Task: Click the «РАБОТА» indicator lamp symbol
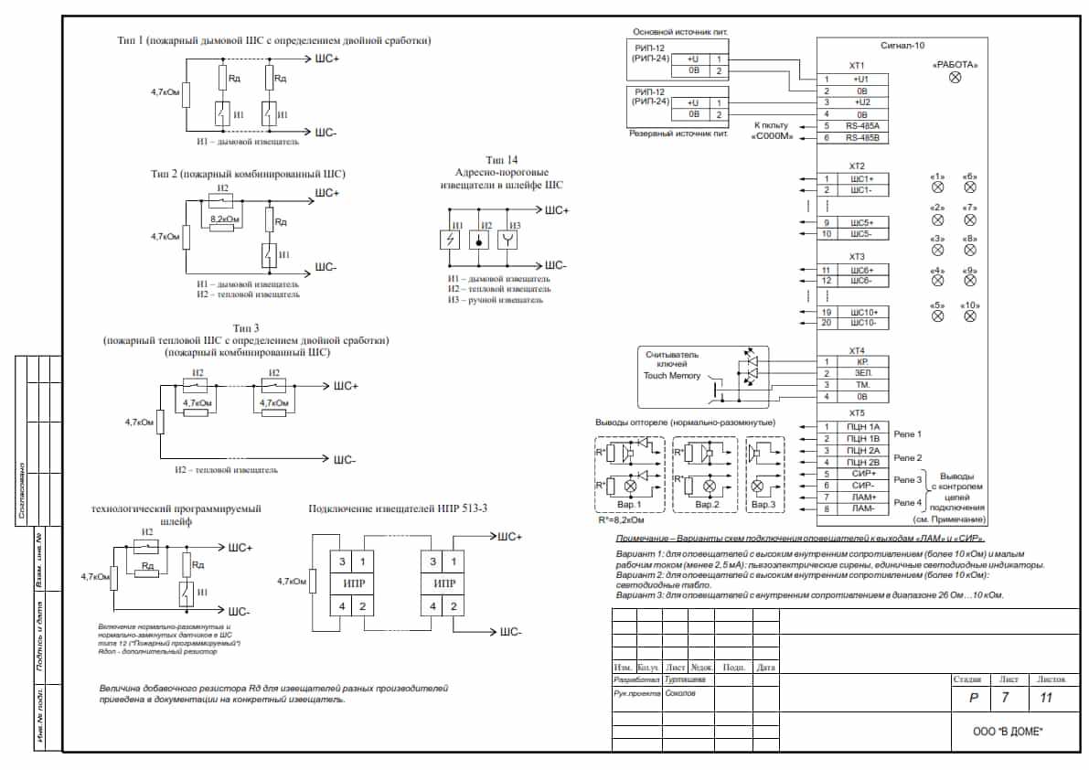click(x=956, y=80)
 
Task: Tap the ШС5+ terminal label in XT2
click(x=862, y=222)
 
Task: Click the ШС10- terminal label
click(x=862, y=323)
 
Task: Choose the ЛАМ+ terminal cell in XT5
click(x=862, y=497)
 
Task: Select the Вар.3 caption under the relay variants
click(x=763, y=504)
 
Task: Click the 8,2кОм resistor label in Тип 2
click(x=225, y=219)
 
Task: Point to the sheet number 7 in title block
click(x=1006, y=699)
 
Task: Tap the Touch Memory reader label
click(x=672, y=375)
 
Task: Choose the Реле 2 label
click(x=907, y=457)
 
